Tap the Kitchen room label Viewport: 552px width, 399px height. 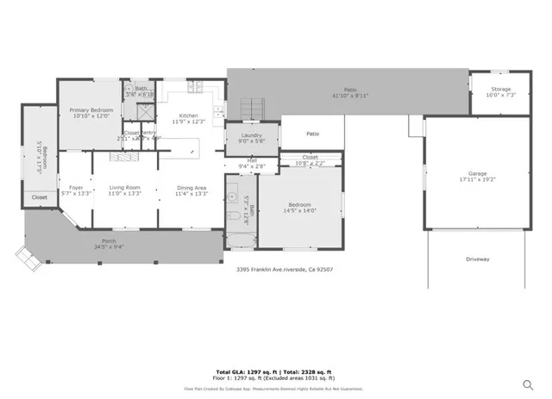[189, 115]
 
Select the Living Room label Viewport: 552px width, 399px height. [124, 187]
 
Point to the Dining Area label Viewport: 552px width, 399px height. [191, 187]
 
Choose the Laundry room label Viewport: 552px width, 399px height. [252, 135]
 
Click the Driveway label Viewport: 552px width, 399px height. [478, 259]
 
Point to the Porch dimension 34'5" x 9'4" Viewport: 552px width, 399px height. [110, 246]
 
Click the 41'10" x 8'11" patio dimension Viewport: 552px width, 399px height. [350, 96]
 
